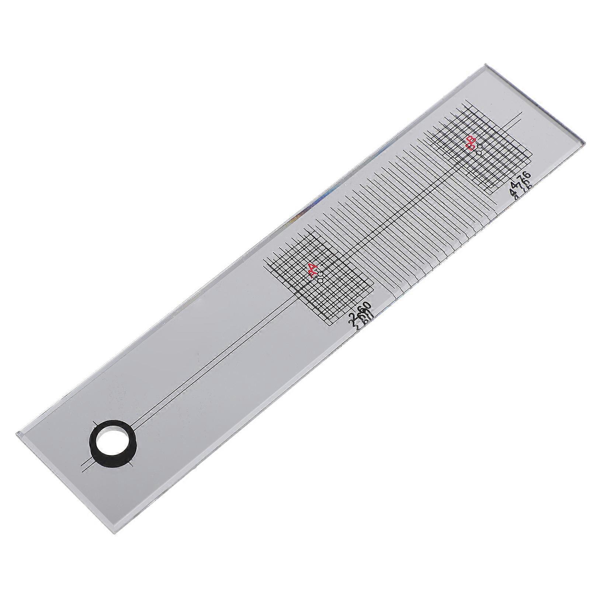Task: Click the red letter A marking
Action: click(313, 271)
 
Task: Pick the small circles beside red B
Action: click(479, 149)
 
